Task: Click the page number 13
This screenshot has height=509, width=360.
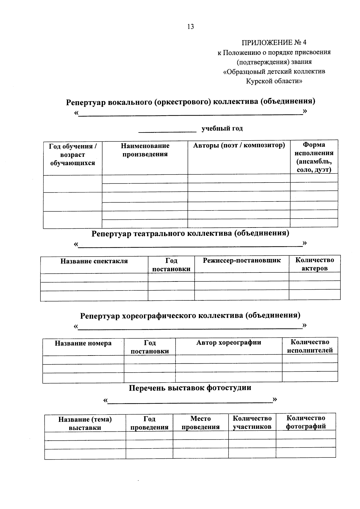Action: [x=190, y=27]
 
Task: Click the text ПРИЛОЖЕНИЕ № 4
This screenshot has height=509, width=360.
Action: [x=274, y=42]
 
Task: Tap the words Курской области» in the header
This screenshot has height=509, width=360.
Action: [x=274, y=81]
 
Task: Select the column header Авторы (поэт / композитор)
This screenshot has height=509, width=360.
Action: [x=239, y=146]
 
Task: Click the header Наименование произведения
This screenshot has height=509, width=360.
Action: [x=145, y=150]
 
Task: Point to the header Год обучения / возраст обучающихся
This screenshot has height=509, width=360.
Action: [x=73, y=155]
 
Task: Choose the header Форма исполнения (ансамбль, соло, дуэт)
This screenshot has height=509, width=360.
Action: [x=314, y=157]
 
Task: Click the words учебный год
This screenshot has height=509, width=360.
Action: [x=222, y=129]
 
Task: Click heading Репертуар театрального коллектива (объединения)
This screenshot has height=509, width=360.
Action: [x=190, y=234]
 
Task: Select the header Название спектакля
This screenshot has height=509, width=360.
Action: [x=94, y=261]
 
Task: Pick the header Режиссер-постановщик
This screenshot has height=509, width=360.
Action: [x=242, y=260]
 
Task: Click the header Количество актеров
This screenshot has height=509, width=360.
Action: [x=314, y=264]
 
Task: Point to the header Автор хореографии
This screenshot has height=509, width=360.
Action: [x=229, y=343]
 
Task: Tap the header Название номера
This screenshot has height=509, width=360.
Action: [x=83, y=344]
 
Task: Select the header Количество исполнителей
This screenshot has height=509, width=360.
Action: [x=310, y=346]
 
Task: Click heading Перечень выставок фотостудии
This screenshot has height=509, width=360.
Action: [x=190, y=388]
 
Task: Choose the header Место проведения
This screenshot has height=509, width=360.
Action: [x=200, y=423]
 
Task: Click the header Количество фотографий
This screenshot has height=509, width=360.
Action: [x=306, y=422]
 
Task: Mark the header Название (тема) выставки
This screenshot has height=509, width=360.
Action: [x=85, y=424]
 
